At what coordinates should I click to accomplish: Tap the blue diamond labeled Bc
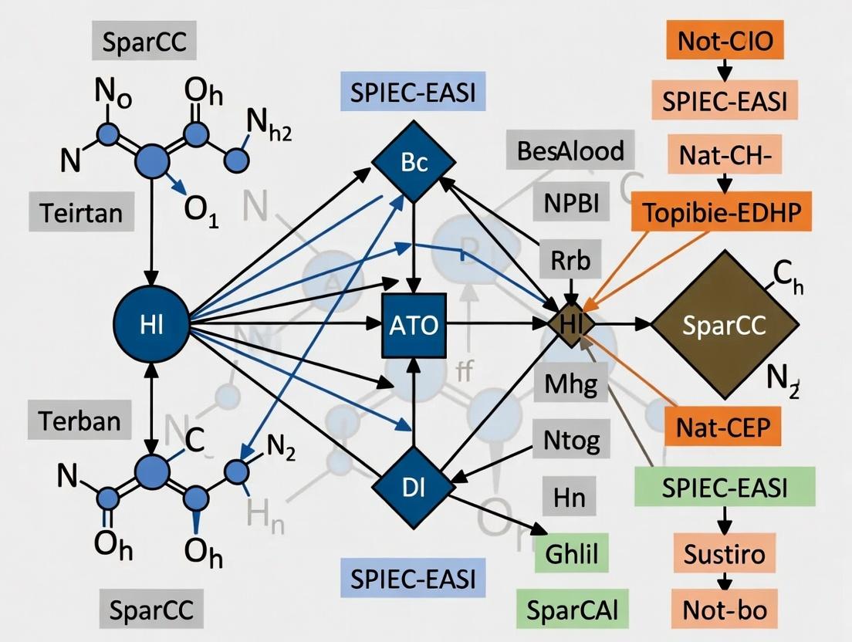[414, 163]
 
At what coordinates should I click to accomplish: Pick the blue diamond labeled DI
[414, 487]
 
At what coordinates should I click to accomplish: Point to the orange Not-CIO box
[724, 41]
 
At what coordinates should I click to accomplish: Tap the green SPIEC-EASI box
[724, 487]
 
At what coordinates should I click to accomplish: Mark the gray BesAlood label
[570, 150]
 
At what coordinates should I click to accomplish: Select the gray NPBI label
[570, 204]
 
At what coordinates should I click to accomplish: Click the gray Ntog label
[571, 441]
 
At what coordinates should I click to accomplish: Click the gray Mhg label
[570, 384]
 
